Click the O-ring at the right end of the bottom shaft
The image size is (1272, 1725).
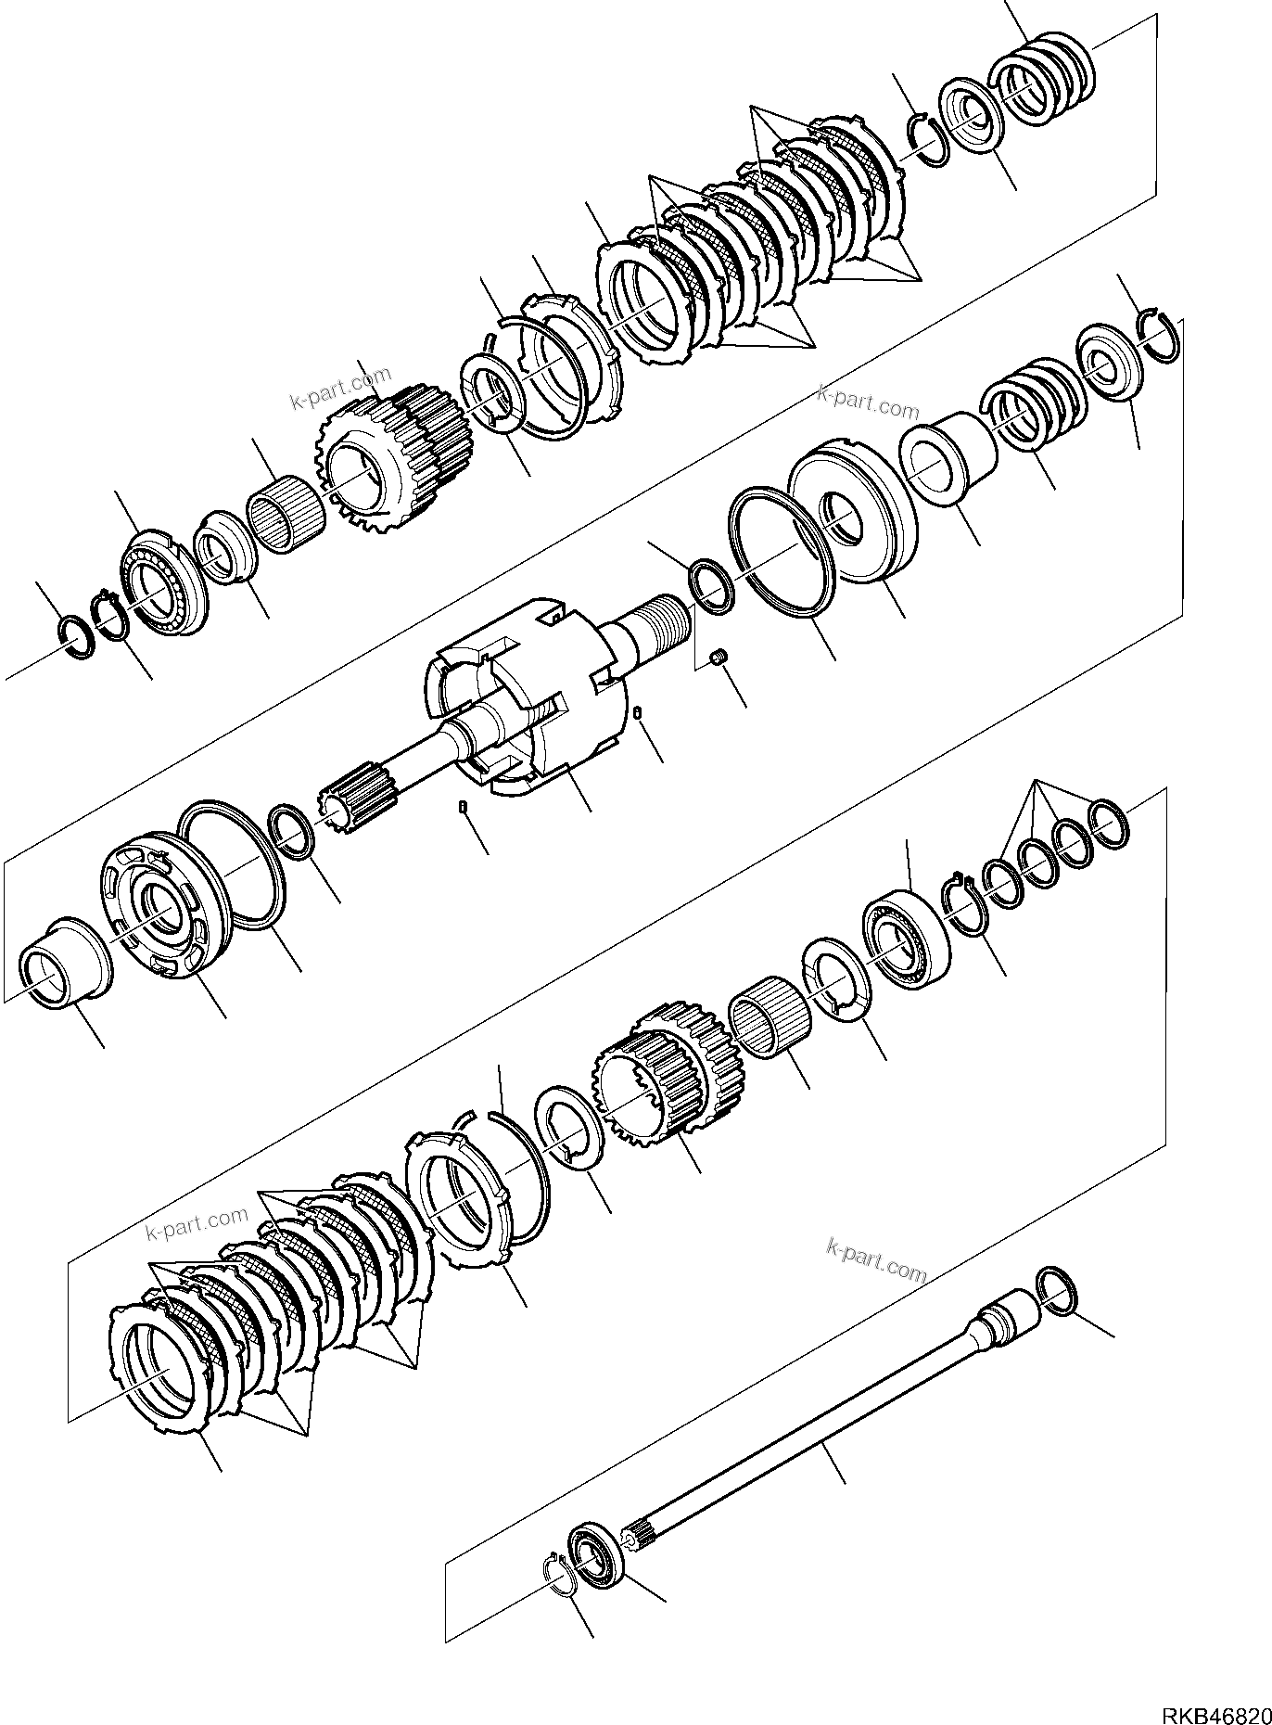click(1058, 1290)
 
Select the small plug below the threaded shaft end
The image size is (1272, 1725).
click(717, 658)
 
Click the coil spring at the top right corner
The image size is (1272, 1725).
click(1041, 79)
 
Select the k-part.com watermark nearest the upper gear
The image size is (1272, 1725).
click(340, 389)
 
